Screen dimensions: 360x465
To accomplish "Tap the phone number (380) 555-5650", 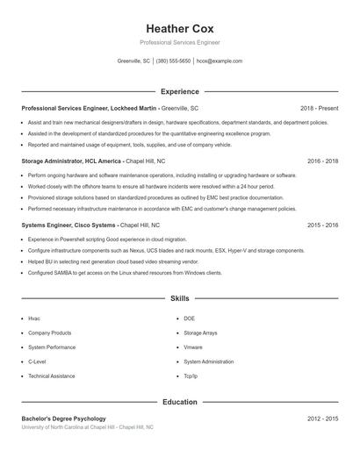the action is (x=173, y=61).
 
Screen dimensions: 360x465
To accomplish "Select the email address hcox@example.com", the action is (x=220, y=61).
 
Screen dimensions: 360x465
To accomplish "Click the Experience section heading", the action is (x=179, y=91).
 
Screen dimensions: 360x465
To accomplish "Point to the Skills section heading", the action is (x=179, y=299).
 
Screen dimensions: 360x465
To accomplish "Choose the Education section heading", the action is (x=179, y=402).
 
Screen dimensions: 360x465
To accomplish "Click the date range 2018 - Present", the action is (x=319, y=108).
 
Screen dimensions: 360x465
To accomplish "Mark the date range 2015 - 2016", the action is (x=322, y=225).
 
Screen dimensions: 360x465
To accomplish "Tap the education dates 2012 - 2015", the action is (x=322, y=418).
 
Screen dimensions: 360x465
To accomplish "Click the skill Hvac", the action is (x=34, y=318).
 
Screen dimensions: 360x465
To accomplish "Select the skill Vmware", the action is (x=193, y=347).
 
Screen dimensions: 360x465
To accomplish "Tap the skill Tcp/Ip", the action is (x=191, y=376).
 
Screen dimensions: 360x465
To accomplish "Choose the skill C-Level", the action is (x=37, y=361).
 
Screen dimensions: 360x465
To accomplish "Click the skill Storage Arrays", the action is (x=200, y=333).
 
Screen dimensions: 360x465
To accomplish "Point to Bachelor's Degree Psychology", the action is (x=63, y=418).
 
